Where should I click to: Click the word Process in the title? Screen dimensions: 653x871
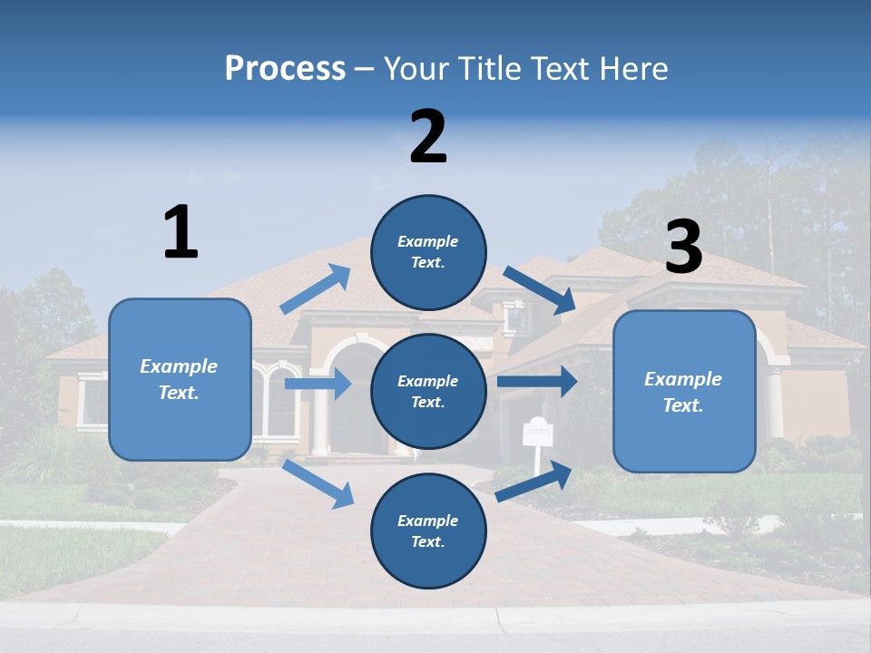click(285, 68)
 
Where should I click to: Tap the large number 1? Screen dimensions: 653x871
click(181, 232)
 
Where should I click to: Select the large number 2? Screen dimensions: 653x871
click(428, 137)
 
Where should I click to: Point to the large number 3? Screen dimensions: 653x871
click(683, 248)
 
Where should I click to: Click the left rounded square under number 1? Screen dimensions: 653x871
click(180, 379)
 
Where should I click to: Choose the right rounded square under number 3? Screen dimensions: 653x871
click(684, 392)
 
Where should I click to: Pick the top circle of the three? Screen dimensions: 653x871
click(428, 252)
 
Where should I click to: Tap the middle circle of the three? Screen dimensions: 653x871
click(428, 391)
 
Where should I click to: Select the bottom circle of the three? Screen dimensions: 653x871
click(428, 531)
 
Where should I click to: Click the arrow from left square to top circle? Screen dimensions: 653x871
click(316, 289)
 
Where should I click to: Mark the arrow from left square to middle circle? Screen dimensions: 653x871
click(318, 385)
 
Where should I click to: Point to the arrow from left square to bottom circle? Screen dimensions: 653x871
click(318, 482)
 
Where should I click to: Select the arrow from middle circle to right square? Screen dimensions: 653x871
click(536, 381)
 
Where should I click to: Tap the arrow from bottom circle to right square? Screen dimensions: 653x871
click(533, 481)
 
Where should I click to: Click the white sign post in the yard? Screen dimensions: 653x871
click(537, 434)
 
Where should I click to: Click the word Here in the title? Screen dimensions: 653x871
click(635, 68)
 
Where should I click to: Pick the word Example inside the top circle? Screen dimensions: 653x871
click(428, 241)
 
